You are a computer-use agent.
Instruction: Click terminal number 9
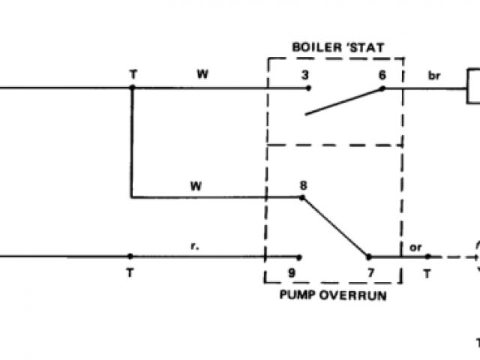(301, 272)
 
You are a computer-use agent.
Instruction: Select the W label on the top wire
(202, 74)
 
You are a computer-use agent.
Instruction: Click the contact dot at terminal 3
(307, 88)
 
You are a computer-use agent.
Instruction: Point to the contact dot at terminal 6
(382, 88)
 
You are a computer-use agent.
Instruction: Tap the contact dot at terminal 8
(302, 197)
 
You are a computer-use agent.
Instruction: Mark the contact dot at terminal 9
(301, 256)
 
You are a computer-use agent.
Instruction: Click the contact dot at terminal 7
(367, 256)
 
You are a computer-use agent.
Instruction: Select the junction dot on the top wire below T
(132, 88)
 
